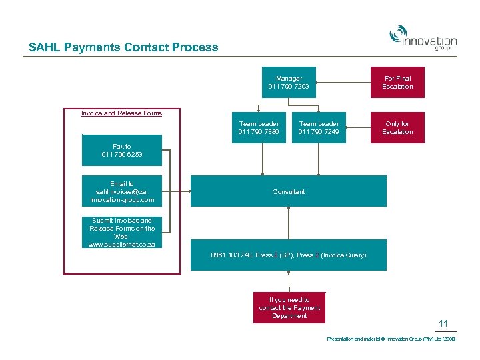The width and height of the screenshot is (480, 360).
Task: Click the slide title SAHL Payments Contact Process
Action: coord(123,47)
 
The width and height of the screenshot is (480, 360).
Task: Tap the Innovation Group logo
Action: coord(423,38)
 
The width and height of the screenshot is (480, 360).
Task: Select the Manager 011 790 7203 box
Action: coord(289,83)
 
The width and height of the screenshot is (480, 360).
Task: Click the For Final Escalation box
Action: coord(397,83)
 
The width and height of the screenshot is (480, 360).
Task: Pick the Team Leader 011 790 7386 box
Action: coord(259,128)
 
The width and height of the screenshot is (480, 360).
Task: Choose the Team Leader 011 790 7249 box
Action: coord(319,128)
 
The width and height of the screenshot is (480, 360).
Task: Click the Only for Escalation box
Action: coord(397,128)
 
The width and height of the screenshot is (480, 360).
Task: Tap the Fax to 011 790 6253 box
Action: coord(121,151)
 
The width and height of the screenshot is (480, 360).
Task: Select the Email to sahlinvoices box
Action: coord(121,192)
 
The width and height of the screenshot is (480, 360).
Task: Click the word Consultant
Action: coord(289,192)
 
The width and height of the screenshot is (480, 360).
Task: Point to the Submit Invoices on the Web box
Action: coord(121,233)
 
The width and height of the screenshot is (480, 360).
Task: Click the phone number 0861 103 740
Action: coord(232,255)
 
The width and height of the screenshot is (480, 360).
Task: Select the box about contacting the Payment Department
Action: coord(289,308)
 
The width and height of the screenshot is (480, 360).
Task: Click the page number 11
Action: coord(443,324)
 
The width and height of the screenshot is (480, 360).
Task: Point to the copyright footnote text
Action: coord(391,339)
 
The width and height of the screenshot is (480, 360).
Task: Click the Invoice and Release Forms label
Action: coord(121,113)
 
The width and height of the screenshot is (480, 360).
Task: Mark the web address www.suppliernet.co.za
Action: coord(121,245)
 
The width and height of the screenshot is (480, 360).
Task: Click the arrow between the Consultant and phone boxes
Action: coord(289,223)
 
